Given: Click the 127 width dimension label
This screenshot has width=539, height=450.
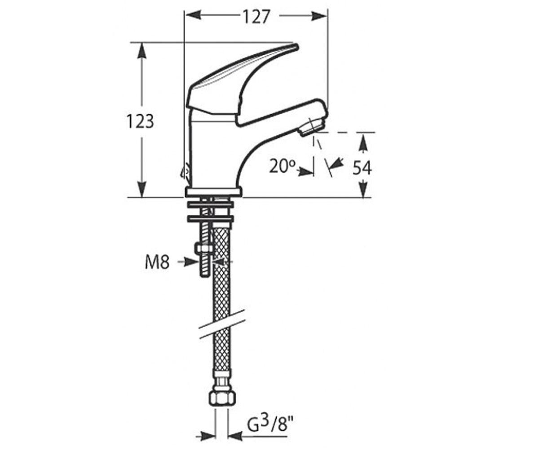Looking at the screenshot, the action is [x=256, y=17].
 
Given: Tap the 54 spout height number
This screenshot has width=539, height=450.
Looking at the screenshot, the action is [x=362, y=167].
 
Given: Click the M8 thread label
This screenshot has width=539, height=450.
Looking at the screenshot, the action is [x=157, y=262].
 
